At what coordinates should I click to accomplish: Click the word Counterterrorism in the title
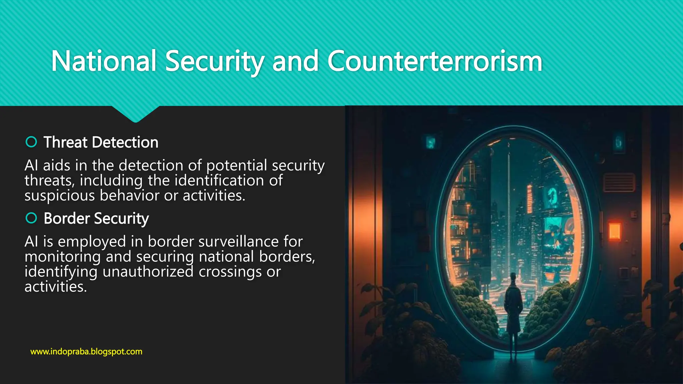[x=435, y=61]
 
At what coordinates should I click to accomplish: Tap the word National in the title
[x=104, y=61]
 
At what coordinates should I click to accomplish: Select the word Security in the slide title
[x=214, y=61]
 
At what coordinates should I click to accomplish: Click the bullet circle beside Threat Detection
[x=31, y=142]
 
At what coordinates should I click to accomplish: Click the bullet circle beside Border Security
[x=31, y=218]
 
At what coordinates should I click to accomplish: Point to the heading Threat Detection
[x=101, y=142]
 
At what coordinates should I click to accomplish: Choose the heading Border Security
[x=96, y=219]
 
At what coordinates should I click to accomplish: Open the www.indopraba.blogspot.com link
[x=86, y=352]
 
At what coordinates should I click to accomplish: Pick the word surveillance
[x=238, y=242]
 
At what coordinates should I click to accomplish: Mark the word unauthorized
[x=148, y=272]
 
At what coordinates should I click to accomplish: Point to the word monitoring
[x=62, y=257]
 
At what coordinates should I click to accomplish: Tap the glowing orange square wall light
[x=615, y=231]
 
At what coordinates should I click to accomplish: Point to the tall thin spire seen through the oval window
[x=509, y=200]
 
